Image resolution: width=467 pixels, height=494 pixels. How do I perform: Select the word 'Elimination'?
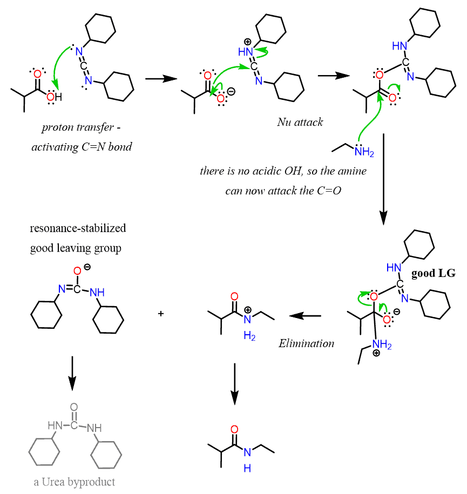click(306, 343)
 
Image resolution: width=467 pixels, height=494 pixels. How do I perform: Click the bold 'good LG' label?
click(433, 274)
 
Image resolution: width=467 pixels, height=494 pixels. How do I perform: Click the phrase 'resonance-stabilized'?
click(78, 228)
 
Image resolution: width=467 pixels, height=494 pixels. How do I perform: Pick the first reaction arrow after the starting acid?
click(161, 79)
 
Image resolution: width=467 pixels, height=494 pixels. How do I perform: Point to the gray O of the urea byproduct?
click(74, 407)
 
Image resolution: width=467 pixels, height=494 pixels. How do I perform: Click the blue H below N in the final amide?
click(247, 468)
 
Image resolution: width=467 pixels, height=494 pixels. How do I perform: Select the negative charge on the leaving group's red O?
click(86, 267)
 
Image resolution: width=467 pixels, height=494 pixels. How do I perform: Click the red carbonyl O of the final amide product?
click(234, 430)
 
